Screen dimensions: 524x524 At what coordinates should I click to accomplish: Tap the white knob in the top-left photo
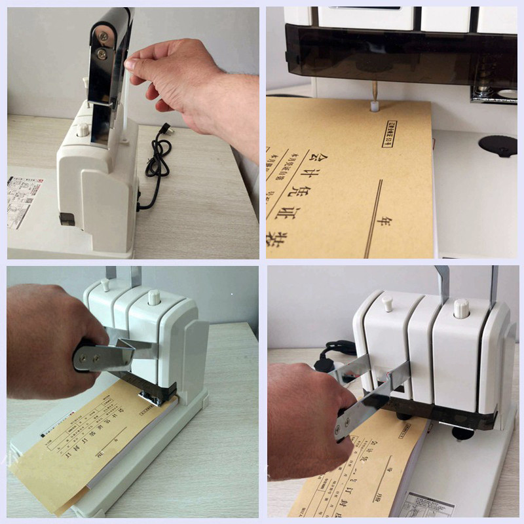pos(83,129)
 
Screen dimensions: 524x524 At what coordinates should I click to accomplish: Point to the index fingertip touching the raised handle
pos(130,65)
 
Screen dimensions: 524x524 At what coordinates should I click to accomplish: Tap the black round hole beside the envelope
pos(497,145)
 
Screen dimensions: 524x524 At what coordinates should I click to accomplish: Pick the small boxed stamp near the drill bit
pos(397,134)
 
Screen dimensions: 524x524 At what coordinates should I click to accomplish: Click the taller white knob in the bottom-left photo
pos(153,297)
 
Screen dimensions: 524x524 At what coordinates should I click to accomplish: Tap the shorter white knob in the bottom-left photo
pos(105,284)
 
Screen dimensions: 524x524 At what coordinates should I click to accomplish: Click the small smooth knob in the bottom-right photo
pos(386,303)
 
